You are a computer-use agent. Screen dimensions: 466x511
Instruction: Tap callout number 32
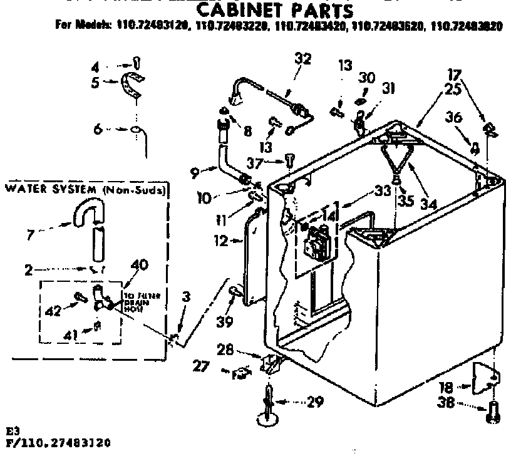tap(302, 60)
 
